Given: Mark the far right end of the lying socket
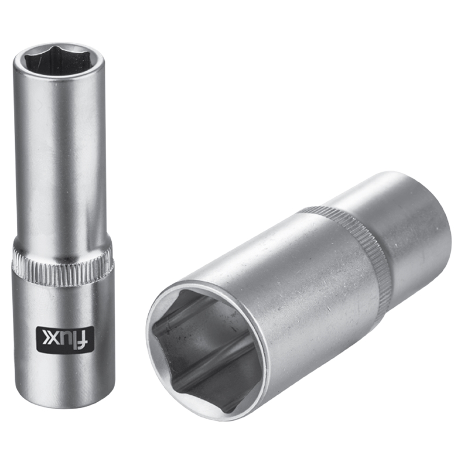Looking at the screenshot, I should point(449,231).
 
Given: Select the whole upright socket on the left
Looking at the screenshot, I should point(63,226).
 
